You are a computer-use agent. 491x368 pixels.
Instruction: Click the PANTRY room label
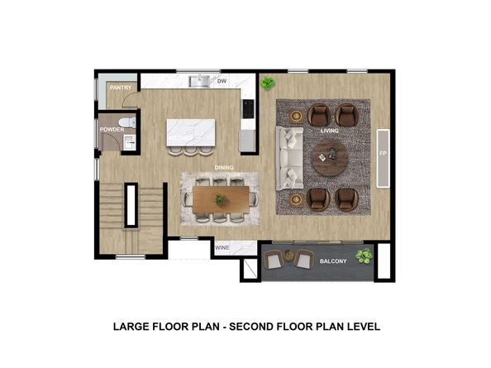click(x=121, y=88)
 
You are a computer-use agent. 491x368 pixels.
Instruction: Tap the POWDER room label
click(x=112, y=129)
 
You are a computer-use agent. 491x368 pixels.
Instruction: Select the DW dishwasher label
click(x=222, y=81)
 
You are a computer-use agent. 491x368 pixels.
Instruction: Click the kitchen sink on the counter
click(x=199, y=81)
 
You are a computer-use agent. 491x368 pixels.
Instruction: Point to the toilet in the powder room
click(x=128, y=122)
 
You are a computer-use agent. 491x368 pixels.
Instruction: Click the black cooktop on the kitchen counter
click(x=248, y=108)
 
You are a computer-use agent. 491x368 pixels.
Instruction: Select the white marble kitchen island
click(x=191, y=132)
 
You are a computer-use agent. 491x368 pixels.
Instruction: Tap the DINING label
click(x=224, y=168)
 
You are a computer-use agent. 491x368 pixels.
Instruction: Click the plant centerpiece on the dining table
click(x=221, y=199)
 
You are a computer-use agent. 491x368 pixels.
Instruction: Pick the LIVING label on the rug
click(x=330, y=131)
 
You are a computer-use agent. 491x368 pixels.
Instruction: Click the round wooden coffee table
click(x=330, y=158)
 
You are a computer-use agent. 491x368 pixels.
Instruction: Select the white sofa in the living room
click(x=289, y=158)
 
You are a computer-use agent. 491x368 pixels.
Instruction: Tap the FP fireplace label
click(x=383, y=154)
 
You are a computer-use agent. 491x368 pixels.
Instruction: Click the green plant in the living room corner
click(x=268, y=84)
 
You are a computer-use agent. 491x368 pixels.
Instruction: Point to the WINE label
click(x=222, y=248)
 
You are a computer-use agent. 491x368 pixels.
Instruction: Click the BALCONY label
click(x=333, y=260)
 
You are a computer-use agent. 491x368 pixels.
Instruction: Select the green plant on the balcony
click(x=364, y=256)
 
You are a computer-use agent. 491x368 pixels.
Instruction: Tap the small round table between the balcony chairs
click(x=288, y=255)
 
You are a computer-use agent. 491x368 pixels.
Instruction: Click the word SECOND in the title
click(x=251, y=327)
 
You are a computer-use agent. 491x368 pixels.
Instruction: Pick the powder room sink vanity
click(x=129, y=142)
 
